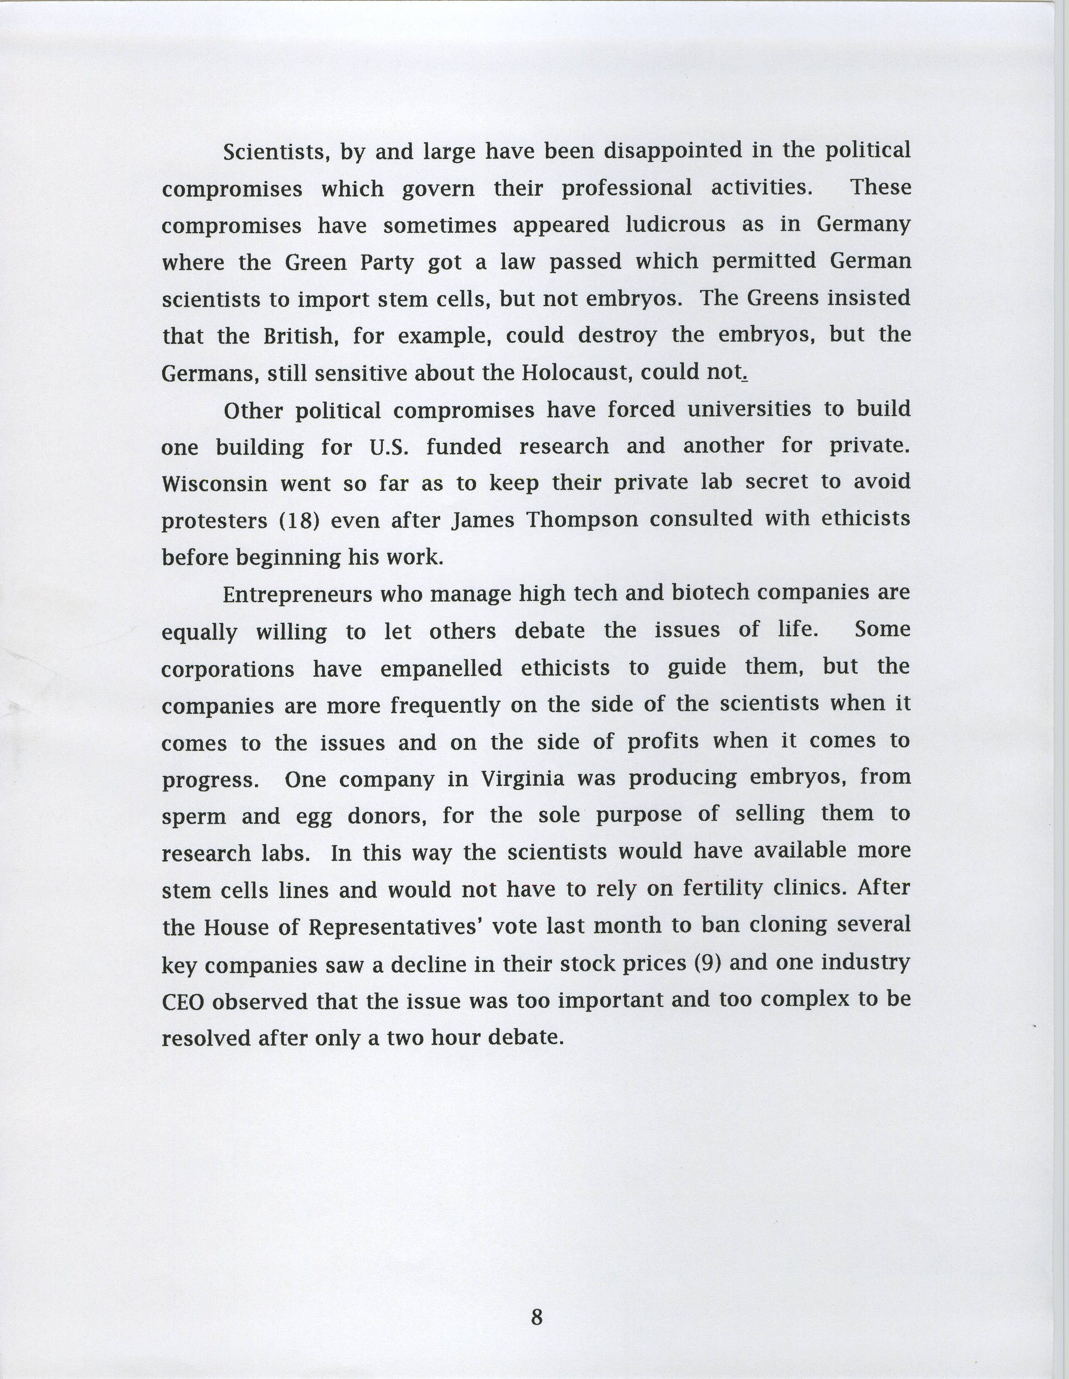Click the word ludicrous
click(675, 225)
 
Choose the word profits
click(663, 741)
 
